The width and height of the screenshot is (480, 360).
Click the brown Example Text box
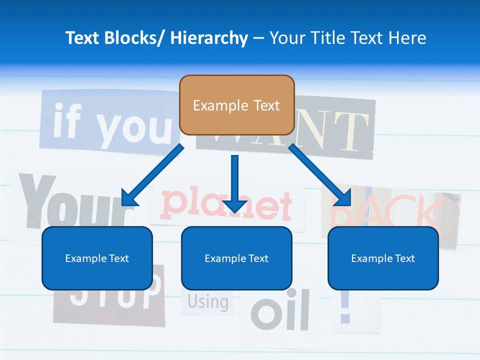(x=236, y=105)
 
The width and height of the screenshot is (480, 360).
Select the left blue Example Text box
(x=97, y=258)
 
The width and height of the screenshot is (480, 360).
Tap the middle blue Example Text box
(x=236, y=258)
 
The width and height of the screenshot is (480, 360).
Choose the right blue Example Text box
(x=383, y=258)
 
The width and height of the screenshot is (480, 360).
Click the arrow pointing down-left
(x=152, y=175)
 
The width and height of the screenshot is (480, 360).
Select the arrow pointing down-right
(x=320, y=175)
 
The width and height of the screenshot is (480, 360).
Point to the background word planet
(x=227, y=205)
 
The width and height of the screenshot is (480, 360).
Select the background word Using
(x=208, y=302)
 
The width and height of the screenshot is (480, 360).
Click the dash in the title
(x=258, y=38)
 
